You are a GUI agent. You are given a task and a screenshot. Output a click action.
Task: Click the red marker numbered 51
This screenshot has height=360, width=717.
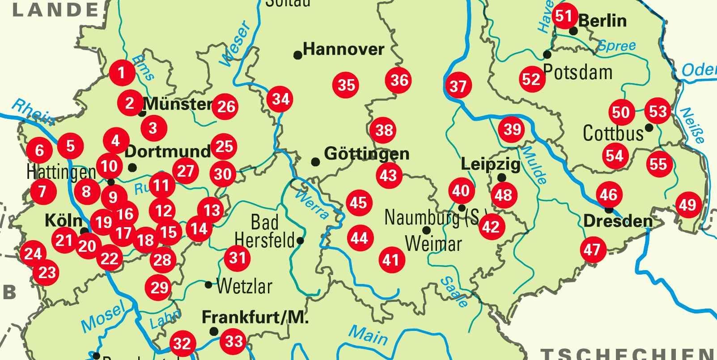[x=564, y=16]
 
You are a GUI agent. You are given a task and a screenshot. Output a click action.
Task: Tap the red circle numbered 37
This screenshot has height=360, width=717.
[x=458, y=85]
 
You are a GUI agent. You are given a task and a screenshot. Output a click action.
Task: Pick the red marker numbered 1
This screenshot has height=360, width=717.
[x=122, y=72]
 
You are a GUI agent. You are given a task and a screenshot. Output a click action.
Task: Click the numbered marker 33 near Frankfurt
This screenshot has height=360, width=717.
[x=233, y=342]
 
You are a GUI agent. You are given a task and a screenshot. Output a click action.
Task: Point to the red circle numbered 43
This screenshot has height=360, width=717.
[x=388, y=175]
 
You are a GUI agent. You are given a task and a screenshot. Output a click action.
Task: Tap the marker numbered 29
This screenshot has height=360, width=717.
[x=159, y=288]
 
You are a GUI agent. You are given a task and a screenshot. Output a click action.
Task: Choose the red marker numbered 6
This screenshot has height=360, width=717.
[x=39, y=150]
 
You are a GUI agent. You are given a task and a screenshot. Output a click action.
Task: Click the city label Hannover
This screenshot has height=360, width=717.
[x=344, y=49]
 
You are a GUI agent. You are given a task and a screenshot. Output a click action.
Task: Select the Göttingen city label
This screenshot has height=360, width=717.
[x=366, y=154]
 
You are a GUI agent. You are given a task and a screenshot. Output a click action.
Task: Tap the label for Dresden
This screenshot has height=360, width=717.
[x=618, y=221]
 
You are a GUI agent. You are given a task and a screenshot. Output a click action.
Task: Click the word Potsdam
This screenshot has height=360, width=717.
[x=577, y=72]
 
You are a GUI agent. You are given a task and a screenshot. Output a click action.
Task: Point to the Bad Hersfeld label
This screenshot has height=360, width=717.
[x=264, y=231]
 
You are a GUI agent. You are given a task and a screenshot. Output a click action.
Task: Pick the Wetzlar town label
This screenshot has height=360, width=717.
[x=244, y=286]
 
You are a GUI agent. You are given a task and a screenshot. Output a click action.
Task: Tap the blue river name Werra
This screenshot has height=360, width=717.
[x=312, y=205]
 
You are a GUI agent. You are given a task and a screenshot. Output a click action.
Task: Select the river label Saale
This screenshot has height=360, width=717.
[x=454, y=292]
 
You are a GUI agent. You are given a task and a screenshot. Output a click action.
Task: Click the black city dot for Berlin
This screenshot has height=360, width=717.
[x=573, y=31]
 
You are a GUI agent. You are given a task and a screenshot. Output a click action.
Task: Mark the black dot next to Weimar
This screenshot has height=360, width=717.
[x=426, y=230]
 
